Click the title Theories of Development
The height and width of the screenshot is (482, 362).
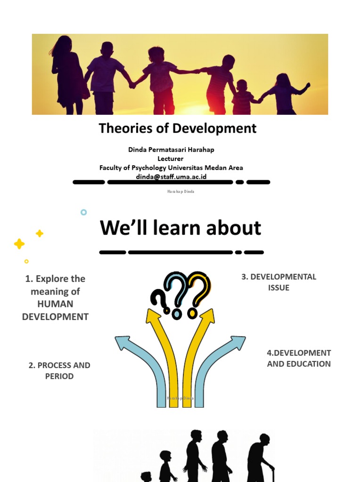[x=178, y=128]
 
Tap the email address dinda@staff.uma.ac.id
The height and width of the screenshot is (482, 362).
[x=171, y=177]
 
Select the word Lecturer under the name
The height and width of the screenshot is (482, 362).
[x=171, y=159]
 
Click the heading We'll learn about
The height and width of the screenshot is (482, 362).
[x=180, y=228]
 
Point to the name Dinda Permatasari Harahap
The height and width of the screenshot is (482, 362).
[x=171, y=150]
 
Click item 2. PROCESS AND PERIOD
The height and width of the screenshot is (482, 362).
[x=59, y=370]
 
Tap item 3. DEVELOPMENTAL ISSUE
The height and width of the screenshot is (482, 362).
[x=279, y=282]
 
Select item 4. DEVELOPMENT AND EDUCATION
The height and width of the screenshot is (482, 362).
[x=299, y=358]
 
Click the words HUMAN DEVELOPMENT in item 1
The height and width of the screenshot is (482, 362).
[x=55, y=310]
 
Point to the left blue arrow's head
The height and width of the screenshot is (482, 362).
[x=122, y=342]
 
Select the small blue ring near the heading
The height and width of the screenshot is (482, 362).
[x=83, y=212]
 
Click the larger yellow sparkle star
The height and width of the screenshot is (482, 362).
[x=19, y=244]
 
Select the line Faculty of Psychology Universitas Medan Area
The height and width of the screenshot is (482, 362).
[x=171, y=168]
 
